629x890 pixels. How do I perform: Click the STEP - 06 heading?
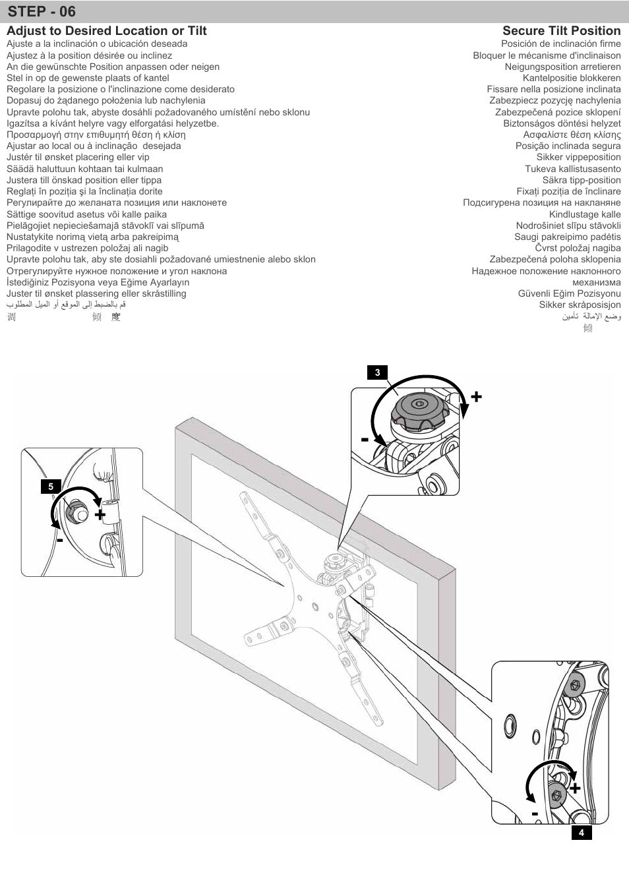[x=42, y=12]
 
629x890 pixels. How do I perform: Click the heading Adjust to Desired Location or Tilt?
[x=106, y=31]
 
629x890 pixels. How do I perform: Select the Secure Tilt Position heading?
[x=561, y=31]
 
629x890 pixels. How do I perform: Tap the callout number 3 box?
[x=377, y=372]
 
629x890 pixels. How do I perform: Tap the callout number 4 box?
[x=581, y=833]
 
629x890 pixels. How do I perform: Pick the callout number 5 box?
[x=50, y=487]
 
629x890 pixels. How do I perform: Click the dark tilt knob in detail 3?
[x=417, y=411]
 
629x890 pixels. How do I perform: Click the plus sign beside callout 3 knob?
[x=476, y=396]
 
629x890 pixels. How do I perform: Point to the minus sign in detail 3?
[x=365, y=439]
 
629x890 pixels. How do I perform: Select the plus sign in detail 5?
[x=100, y=514]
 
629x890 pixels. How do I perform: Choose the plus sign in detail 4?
[x=575, y=788]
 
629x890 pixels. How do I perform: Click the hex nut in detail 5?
[x=76, y=509]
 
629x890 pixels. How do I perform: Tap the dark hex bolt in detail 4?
[x=556, y=795]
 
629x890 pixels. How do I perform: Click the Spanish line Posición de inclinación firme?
[x=560, y=44]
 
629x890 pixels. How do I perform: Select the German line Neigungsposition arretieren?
[x=562, y=67]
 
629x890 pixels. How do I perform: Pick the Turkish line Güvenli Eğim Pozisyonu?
[x=569, y=293]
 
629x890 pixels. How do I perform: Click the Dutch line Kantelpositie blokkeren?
[x=572, y=78]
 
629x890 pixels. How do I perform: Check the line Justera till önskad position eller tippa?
[x=84, y=180]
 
